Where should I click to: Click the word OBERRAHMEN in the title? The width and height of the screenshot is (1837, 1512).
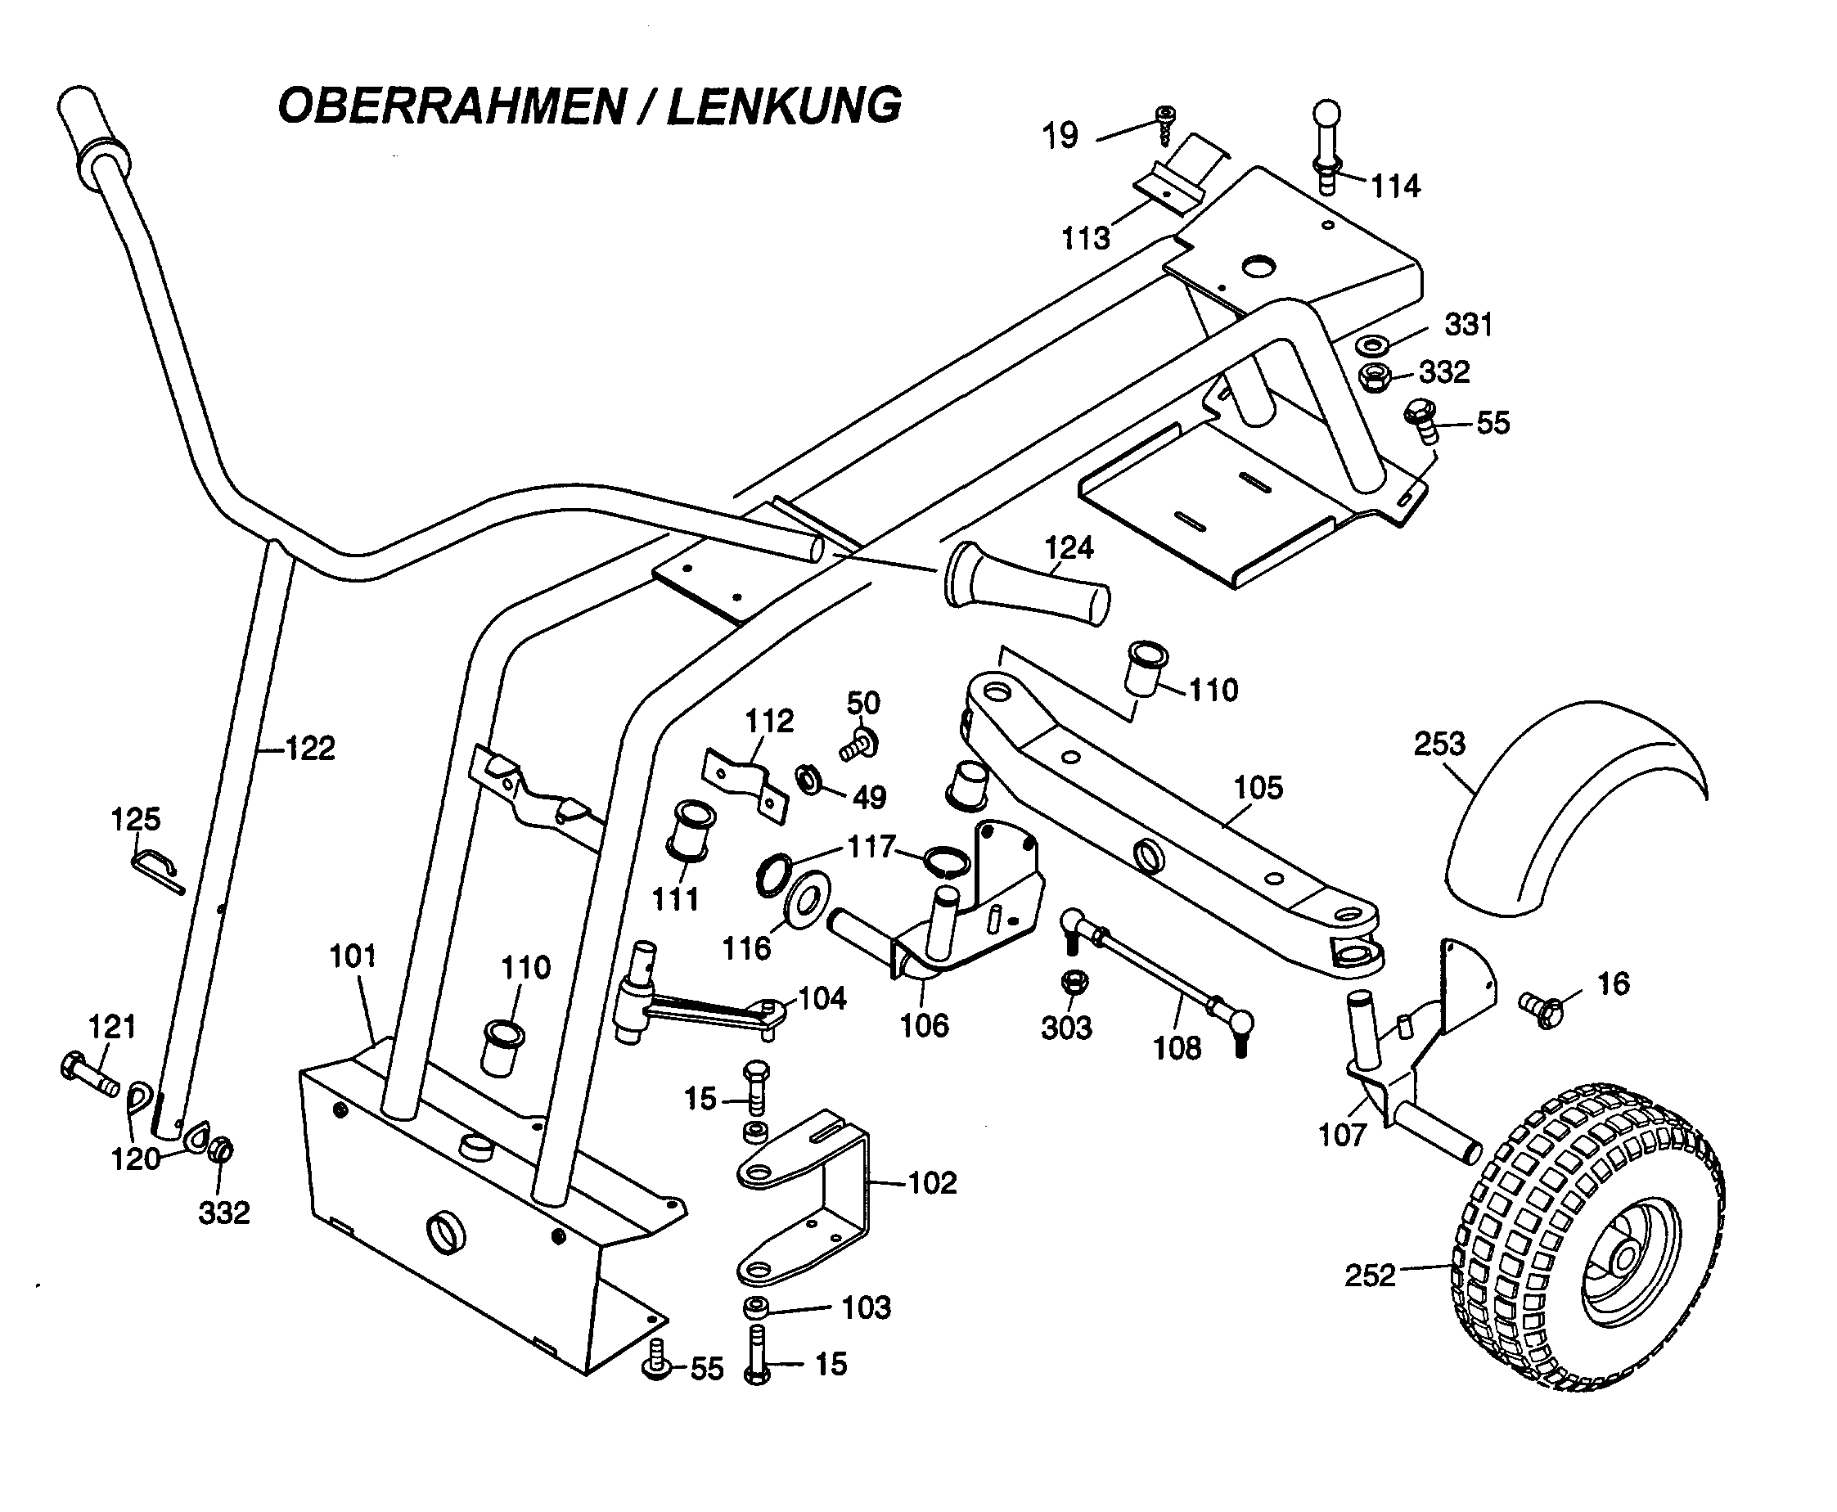click(x=451, y=107)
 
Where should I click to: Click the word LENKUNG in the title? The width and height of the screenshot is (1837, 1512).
click(x=784, y=107)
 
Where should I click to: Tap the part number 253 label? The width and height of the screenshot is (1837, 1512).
click(x=1439, y=744)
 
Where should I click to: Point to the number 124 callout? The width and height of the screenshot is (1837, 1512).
click(x=1069, y=548)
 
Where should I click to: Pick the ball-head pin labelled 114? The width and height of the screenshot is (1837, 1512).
click(x=1326, y=148)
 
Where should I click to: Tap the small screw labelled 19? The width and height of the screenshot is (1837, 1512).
click(x=1164, y=124)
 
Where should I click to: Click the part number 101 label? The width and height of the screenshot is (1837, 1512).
click(x=353, y=956)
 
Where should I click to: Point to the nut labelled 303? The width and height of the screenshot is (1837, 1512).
click(x=1073, y=982)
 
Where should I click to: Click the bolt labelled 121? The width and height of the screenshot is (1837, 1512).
click(x=89, y=1074)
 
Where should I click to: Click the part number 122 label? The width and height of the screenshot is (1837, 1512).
click(x=310, y=748)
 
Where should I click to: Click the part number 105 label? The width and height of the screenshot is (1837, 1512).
click(x=1258, y=787)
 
